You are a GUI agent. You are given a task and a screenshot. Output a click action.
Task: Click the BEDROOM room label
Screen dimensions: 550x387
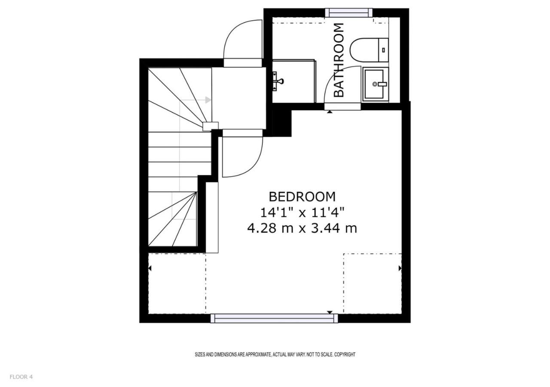coord(302,197)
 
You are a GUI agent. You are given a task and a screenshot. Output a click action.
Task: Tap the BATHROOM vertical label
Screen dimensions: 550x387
coord(339,60)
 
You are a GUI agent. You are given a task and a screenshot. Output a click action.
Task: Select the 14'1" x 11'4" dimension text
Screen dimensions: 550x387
coord(302,212)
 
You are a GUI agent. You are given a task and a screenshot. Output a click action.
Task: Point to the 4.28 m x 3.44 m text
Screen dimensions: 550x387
coord(302,228)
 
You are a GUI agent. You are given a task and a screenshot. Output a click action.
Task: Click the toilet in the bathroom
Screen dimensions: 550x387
coord(369,50)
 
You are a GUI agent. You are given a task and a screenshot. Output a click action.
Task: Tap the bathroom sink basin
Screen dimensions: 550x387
coord(376,84)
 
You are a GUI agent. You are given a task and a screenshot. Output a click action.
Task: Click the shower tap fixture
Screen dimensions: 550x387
coord(278,81)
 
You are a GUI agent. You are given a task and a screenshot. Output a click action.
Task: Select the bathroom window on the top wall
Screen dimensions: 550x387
coord(348,12)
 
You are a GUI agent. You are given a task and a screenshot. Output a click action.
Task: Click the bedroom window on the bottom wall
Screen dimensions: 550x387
coord(274,318)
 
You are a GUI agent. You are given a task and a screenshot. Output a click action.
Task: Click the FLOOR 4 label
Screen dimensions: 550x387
coord(21,377)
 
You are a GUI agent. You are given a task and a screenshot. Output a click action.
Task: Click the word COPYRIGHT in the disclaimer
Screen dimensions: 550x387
coord(345,355)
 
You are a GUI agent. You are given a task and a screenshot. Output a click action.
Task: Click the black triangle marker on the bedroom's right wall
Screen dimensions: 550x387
coord(400,268)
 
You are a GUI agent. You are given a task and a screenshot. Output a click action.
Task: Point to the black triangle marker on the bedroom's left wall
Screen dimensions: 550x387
coord(150,268)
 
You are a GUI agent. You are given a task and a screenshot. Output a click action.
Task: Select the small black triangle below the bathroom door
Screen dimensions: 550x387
coord(330,112)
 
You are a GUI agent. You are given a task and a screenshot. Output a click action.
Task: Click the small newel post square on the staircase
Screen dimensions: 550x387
coord(211,126)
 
